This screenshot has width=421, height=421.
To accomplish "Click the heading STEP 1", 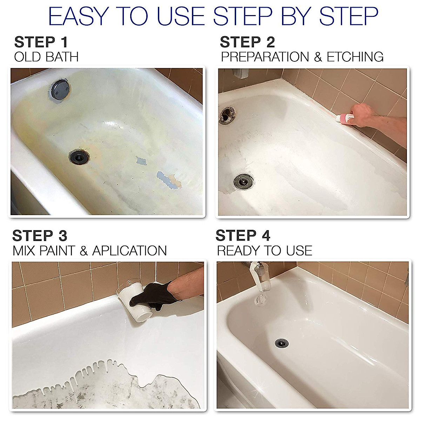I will [41, 42].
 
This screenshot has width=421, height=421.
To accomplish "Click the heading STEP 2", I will [247, 42].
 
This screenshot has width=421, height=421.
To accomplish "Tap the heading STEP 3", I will [40, 236].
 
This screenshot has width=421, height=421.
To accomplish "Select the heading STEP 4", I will [243, 236].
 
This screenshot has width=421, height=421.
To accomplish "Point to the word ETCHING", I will [355, 57].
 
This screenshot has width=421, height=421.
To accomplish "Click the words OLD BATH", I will [46, 57].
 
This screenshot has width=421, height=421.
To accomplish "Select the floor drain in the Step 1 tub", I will [79, 157].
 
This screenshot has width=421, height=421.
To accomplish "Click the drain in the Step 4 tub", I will [281, 343].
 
